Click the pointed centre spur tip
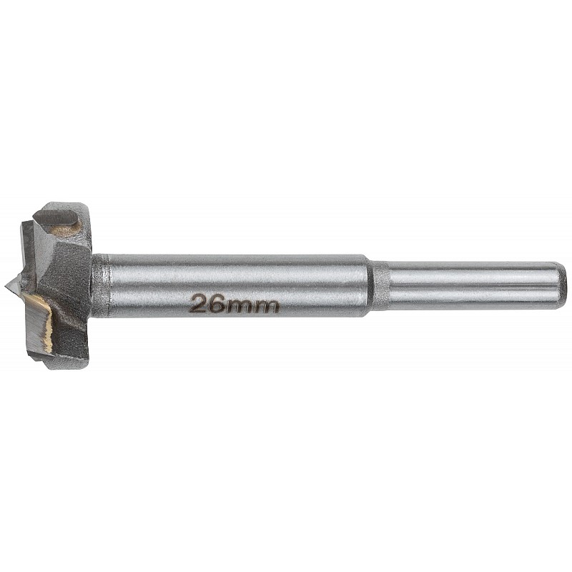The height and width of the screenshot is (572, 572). (x=6, y=287)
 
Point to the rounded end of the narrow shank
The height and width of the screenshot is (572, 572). (x=563, y=285)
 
